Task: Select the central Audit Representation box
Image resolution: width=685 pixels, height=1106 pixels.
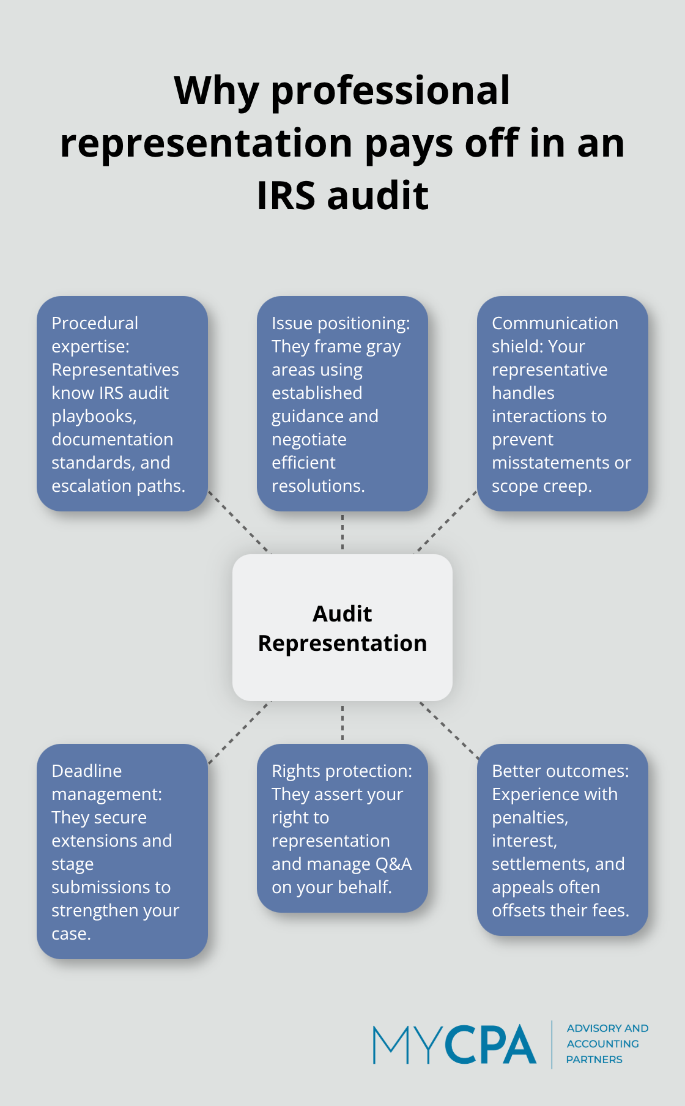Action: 342,628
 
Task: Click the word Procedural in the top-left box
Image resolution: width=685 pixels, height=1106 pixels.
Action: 95,323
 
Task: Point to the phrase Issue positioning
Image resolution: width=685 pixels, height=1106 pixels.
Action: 340,323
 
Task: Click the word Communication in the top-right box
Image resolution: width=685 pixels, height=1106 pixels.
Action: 555,323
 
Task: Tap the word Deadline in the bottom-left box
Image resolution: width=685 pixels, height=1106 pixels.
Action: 87,771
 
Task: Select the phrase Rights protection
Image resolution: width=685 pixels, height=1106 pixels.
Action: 341,771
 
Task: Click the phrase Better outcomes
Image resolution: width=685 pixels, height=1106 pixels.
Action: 560,771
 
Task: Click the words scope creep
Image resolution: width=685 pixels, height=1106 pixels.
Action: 541,486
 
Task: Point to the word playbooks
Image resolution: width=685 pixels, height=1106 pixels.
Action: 94,417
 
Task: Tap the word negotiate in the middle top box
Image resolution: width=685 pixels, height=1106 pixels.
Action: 309,440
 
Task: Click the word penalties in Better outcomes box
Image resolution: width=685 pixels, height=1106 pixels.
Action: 530,818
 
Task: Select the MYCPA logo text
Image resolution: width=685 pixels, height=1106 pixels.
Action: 454,1045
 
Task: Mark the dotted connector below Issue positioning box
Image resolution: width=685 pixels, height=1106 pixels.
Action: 342,532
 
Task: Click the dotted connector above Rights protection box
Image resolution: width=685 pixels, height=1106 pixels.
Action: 342,722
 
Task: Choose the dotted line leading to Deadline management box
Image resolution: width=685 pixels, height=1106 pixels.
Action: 239,732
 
